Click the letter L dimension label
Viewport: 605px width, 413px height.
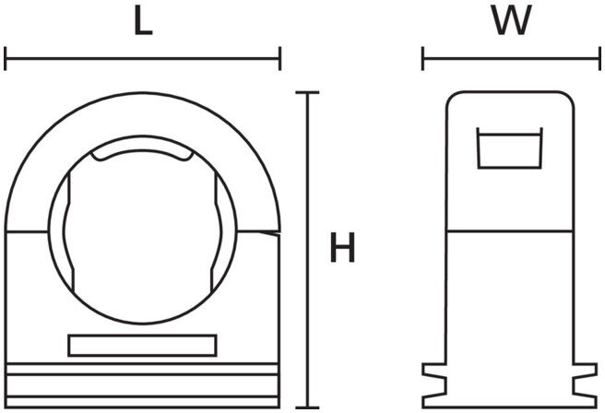coord(143,21)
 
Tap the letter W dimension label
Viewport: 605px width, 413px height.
coord(511,21)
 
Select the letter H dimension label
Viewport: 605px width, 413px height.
coord(343,248)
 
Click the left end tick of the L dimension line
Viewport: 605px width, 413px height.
coord(6,59)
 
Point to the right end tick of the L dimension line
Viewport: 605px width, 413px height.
coord(279,59)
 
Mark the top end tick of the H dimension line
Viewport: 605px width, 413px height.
coord(307,92)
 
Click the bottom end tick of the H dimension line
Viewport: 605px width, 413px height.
coord(307,407)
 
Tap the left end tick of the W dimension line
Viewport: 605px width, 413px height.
coord(423,59)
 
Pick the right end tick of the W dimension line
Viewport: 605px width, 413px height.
coord(599,59)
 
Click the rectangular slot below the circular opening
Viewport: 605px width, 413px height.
coord(142,346)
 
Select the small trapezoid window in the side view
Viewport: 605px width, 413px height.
coord(510,148)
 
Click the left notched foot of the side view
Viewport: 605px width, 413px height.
coord(434,385)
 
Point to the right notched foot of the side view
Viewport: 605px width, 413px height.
coord(585,385)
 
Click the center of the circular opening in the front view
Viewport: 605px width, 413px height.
coord(142,230)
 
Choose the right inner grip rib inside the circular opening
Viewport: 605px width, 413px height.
coord(217,232)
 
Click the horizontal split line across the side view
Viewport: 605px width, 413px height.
coord(510,231)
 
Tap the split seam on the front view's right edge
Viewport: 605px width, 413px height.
coord(258,232)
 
